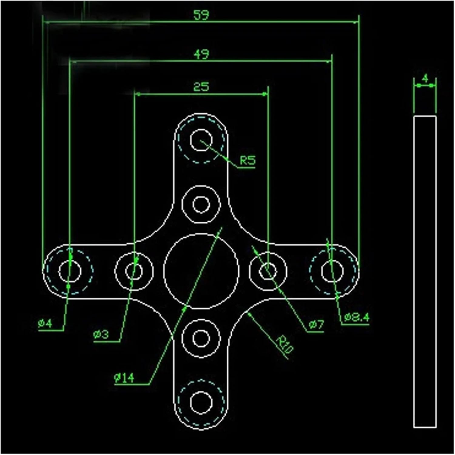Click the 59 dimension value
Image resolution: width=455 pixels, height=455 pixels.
click(201, 15)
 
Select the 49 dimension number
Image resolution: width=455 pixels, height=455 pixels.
click(201, 54)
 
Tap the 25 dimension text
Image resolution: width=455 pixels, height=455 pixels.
click(201, 87)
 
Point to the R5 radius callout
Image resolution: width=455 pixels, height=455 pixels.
click(248, 160)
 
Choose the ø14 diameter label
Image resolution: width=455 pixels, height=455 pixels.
click(124, 378)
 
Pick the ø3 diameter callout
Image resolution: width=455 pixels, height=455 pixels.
click(101, 335)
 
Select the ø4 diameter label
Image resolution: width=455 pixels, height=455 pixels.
click(45, 324)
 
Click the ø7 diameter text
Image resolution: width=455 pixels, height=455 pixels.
click(316, 325)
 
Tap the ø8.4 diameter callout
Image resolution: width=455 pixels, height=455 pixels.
click(357, 317)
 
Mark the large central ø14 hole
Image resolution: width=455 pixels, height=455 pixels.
click(201, 271)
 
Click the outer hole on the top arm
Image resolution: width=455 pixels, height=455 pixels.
click(201, 140)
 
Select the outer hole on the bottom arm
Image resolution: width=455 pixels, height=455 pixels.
click(201, 403)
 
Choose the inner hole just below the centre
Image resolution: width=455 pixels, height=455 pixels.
click(201, 338)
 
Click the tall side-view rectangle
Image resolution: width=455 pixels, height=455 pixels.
click(425, 271)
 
